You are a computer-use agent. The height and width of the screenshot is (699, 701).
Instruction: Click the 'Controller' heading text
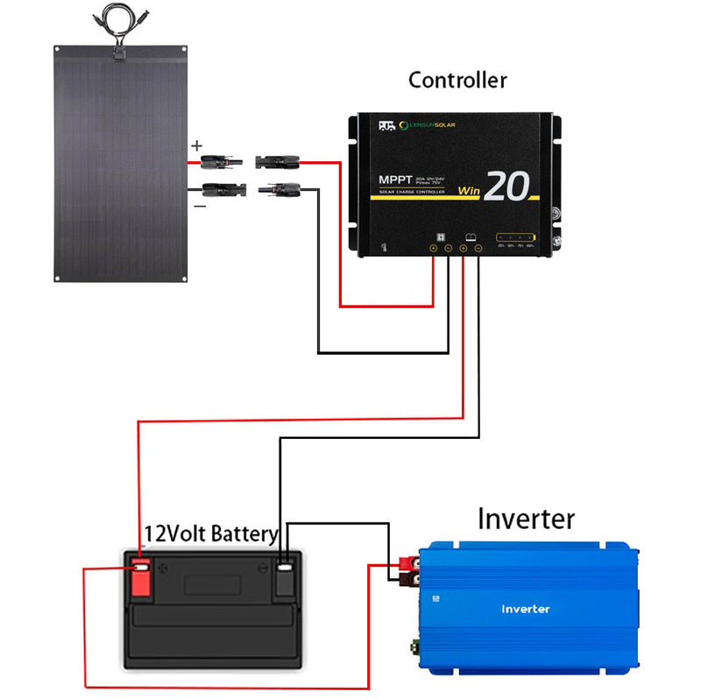[457, 81]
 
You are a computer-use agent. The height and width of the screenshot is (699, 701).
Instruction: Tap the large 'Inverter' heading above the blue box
[526, 519]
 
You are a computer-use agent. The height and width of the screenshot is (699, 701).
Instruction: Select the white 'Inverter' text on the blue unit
[526, 609]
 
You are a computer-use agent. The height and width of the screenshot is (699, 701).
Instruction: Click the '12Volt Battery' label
[210, 533]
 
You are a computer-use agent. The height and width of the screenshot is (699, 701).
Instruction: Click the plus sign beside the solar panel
[197, 145]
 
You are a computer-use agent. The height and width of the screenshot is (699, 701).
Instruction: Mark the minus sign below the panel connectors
[200, 206]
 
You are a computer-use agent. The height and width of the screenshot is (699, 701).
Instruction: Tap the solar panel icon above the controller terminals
[443, 237]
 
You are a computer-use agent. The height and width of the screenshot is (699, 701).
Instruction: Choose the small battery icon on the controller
[471, 237]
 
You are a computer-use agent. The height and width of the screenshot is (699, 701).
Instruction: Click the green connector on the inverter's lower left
[412, 649]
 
